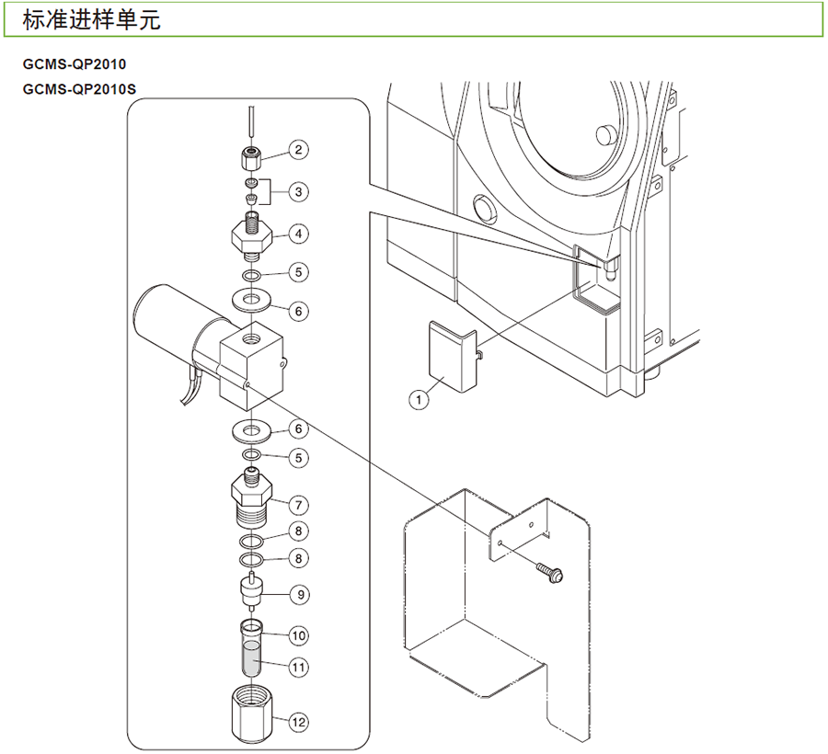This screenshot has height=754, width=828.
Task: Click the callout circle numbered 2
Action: [298, 149]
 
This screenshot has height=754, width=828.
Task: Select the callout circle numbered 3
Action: [298, 191]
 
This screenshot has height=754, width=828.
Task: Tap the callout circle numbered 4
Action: [298, 234]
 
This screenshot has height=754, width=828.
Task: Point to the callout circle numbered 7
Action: [298, 504]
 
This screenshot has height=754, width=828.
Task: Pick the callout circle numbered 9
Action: [298, 594]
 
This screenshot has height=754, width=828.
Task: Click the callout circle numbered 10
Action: [298, 634]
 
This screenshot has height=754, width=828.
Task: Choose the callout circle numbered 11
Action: [298, 668]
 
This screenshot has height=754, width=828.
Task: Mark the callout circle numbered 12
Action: [298, 723]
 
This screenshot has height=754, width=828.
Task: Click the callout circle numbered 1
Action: [420, 399]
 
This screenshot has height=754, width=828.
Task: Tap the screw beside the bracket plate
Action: [553, 575]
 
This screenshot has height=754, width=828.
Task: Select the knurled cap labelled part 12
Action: [250, 714]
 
